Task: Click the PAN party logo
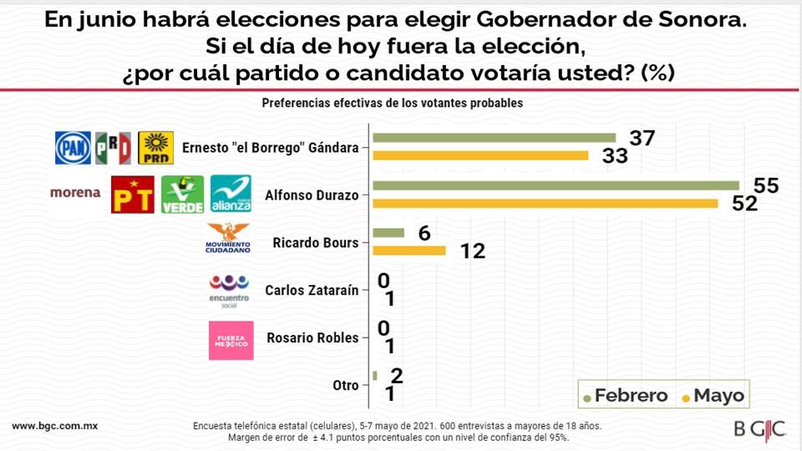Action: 73,148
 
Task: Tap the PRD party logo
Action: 155,148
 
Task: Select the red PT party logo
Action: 132,195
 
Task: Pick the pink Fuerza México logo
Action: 231,340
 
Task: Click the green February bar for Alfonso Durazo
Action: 556,185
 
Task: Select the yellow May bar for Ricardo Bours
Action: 409,251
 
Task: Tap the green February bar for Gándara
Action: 494,138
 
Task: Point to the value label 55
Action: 766,185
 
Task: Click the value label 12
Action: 473,251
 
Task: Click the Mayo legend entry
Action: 713,395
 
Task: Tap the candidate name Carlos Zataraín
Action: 312,291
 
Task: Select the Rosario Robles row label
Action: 312,338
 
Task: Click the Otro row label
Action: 345,386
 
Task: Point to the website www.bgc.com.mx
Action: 55,425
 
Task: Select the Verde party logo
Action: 182,195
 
